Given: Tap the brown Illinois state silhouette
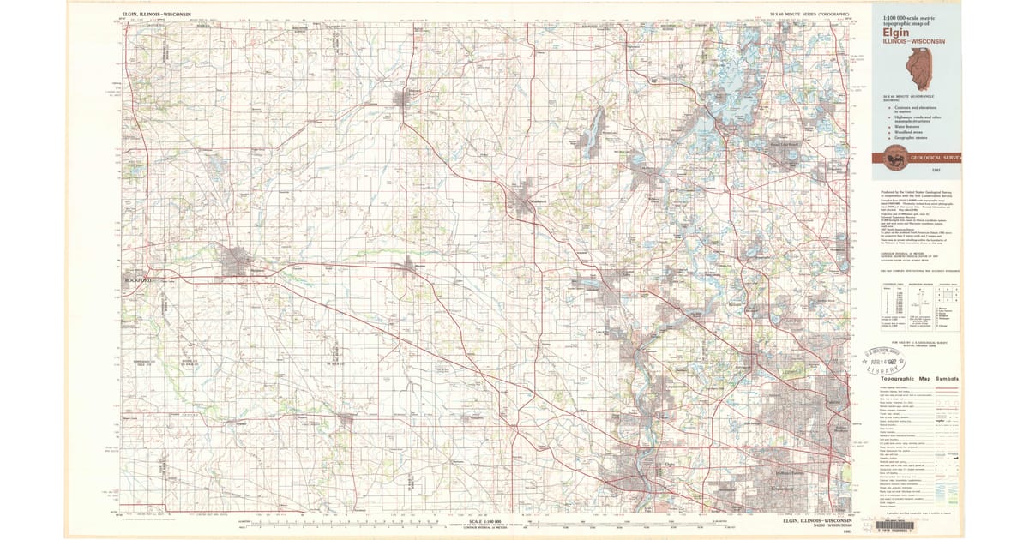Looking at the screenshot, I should pyautogui.click(x=918, y=68).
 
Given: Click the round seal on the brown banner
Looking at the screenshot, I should pyautogui.click(x=896, y=158).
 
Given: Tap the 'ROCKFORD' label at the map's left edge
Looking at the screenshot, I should pyautogui.click(x=136, y=280).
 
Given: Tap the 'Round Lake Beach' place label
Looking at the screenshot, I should pyautogui.click(x=787, y=145).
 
